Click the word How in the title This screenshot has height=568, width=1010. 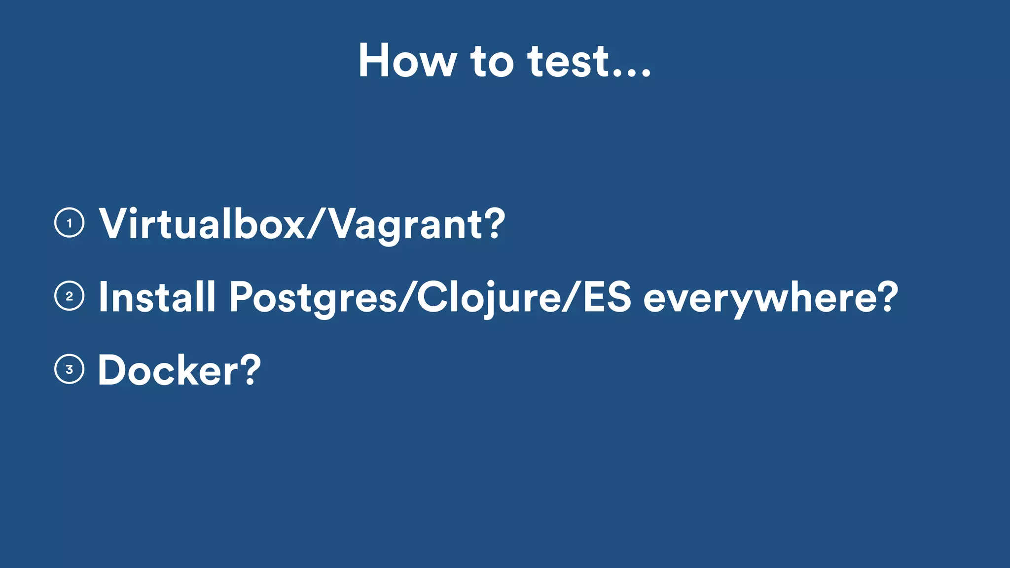(407, 61)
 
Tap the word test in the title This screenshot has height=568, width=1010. (568, 61)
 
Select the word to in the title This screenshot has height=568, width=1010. (492, 62)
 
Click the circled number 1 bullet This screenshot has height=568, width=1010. (69, 223)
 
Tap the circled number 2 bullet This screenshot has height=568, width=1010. (69, 296)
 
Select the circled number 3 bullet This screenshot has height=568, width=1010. (69, 369)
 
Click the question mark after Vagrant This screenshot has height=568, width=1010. (493, 223)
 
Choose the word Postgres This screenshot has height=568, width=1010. (313, 298)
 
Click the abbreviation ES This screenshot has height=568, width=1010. (607, 297)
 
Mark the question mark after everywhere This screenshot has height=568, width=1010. (886, 296)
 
